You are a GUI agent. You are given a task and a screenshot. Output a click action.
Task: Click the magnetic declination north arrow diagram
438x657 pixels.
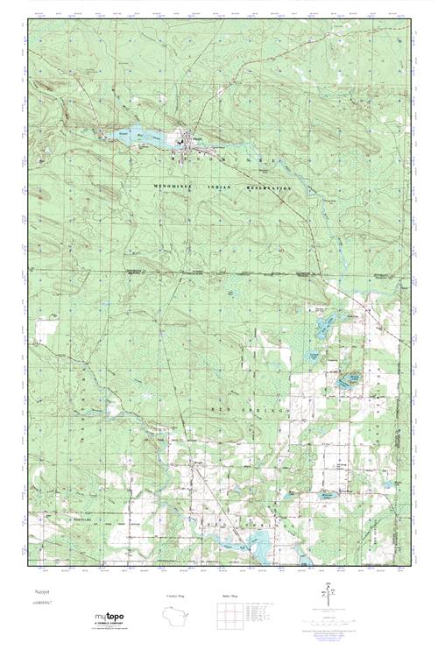click(x=329, y=597)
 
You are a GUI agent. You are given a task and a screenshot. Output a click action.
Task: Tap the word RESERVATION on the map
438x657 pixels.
click(x=268, y=189)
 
